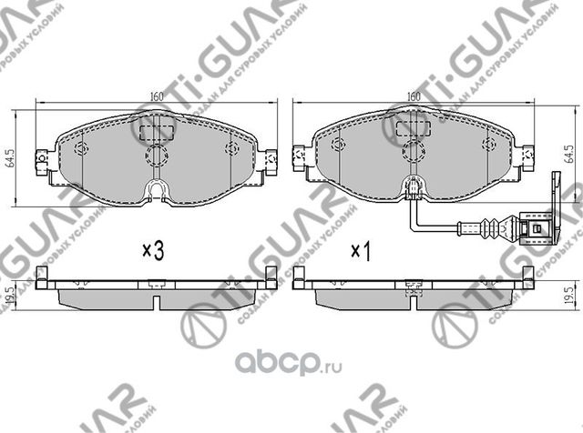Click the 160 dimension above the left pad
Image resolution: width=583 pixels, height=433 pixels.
157,96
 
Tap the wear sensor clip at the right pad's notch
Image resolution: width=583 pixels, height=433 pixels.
415,190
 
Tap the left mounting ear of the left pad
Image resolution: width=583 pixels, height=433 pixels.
40,161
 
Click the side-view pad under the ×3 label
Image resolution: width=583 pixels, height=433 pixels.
157,286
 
